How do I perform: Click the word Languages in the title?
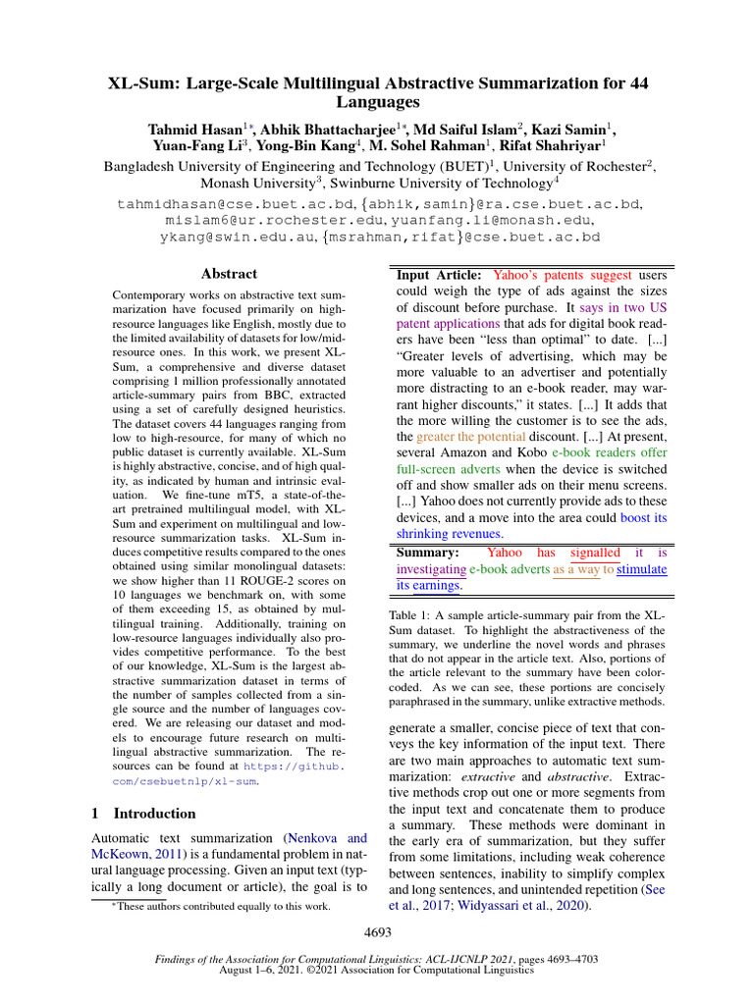click(377, 101)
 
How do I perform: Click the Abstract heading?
click(229, 274)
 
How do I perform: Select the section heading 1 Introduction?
click(143, 813)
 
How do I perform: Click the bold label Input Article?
click(439, 276)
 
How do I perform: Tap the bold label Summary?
click(427, 553)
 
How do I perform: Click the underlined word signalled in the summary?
click(595, 553)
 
